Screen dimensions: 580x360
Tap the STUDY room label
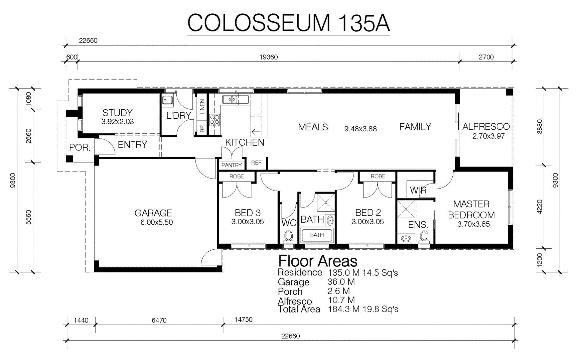click(x=117, y=113)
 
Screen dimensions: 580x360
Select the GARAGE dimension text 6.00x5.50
click(x=157, y=223)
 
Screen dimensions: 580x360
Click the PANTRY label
click(x=232, y=165)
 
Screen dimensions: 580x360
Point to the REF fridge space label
click(x=256, y=163)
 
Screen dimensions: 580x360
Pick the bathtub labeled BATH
click(x=317, y=235)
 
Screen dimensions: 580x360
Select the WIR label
click(x=418, y=190)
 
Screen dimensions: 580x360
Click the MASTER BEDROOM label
click(x=471, y=210)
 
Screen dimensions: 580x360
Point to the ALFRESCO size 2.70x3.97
click(x=488, y=136)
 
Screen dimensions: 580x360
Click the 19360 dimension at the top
click(x=269, y=57)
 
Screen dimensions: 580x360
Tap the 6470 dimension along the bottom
click(x=159, y=320)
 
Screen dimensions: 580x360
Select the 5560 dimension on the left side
click(x=28, y=217)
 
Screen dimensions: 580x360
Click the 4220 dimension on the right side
click(x=539, y=207)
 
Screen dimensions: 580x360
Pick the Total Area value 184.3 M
click(x=344, y=309)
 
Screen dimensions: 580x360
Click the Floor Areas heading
click(x=318, y=261)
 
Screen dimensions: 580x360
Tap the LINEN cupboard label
click(x=202, y=107)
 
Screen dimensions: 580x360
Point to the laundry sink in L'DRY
click(x=167, y=100)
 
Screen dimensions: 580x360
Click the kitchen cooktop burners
click(x=214, y=120)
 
